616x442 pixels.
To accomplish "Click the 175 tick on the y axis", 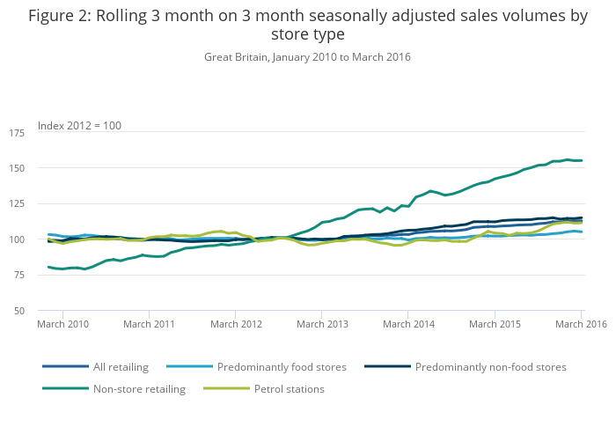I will [17, 132].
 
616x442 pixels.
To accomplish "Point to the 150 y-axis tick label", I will [17, 168].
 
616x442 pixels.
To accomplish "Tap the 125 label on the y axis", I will [17, 204].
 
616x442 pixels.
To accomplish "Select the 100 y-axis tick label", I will [17, 239].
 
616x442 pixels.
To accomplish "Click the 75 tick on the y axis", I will [18, 276].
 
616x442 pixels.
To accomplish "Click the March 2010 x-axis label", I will [62, 324].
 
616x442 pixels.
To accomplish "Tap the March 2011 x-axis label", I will [149, 324].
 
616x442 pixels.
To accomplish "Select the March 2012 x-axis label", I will [236, 324].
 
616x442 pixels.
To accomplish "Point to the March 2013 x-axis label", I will [322, 324].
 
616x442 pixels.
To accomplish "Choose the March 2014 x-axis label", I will [408, 324].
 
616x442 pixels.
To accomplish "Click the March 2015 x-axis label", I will [495, 324].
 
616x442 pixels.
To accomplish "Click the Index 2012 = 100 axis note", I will [79, 126].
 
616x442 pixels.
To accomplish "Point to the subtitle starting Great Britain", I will [307, 57].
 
